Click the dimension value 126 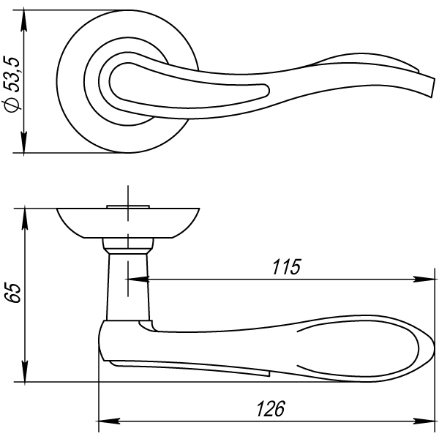point(271,409)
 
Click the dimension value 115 point(286,267)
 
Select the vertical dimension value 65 point(13,293)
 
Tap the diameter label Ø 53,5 point(12,84)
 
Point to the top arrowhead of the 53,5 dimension point(24,20)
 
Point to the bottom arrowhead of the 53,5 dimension point(24,143)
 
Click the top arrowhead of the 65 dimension point(25,219)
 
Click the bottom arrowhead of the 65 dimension point(25,371)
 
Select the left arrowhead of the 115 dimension point(138,279)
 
